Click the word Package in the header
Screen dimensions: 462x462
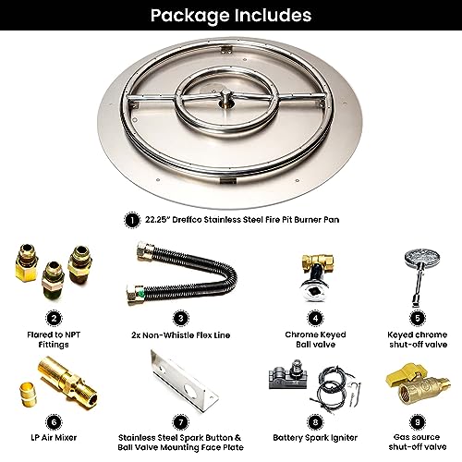click(190, 16)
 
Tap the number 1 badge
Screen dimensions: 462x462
click(132, 220)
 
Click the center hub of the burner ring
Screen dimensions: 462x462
click(226, 99)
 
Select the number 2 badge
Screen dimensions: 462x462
click(54, 318)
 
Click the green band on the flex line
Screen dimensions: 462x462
click(141, 292)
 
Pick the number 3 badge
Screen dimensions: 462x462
click(181, 318)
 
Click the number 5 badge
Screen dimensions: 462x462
click(418, 318)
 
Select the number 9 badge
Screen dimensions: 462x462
click(418, 421)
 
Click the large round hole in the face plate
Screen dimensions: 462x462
click(188, 390)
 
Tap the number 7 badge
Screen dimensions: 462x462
click(181, 422)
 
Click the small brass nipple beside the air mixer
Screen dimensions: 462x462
click(28, 394)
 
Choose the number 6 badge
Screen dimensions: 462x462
click(54, 421)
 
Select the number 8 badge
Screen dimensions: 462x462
click(315, 421)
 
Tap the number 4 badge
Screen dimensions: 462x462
click(315, 318)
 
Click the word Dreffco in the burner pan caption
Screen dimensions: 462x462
click(187, 220)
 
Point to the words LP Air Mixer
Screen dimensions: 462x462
click(54, 438)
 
